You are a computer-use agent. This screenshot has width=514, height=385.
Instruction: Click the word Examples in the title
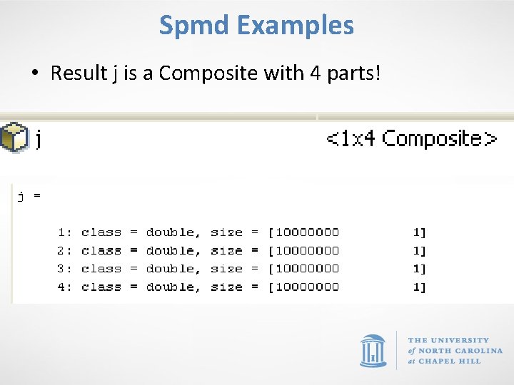pos(295,26)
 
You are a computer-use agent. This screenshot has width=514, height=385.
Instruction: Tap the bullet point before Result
pos(34,73)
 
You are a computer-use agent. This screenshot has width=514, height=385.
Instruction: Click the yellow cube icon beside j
pos(14,137)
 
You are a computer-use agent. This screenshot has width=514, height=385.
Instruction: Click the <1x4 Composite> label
pos(412,138)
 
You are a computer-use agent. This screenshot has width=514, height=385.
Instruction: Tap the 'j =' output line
pos(29,196)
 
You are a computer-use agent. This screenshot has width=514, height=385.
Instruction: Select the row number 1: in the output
pos(65,232)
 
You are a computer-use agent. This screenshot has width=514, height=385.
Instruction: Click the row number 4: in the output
pos(65,287)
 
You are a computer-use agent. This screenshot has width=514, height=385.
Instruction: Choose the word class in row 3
pos(101,269)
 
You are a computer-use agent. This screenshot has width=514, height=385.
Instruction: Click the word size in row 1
pos(227,232)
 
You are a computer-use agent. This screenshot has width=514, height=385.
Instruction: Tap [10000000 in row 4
pos(304,287)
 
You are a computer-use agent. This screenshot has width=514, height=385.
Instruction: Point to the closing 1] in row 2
pos(420,250)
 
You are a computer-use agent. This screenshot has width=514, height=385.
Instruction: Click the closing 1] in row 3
pos(420,269)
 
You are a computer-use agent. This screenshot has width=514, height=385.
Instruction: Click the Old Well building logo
pos(373,350)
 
